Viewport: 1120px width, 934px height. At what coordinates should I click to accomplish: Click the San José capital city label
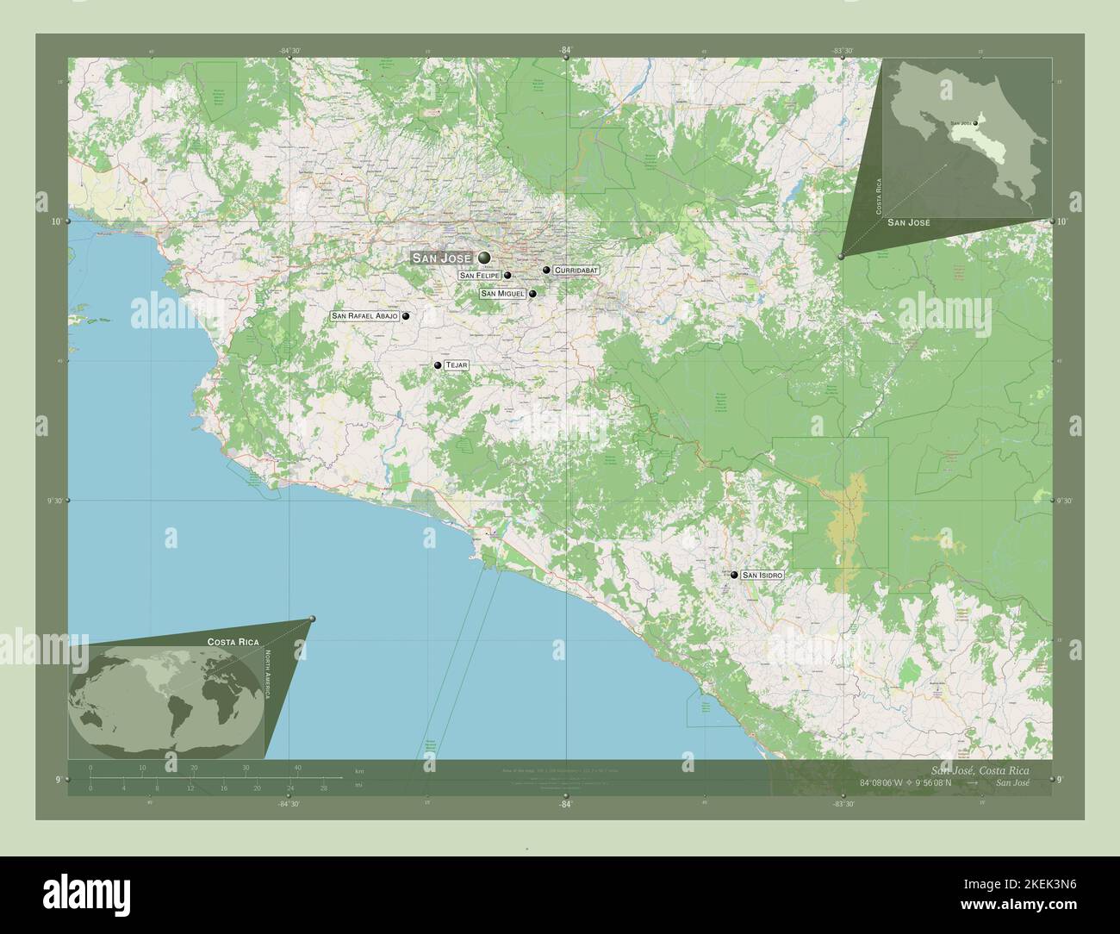click(442, 258)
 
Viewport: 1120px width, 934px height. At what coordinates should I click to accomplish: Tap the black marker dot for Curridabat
click(546, 271)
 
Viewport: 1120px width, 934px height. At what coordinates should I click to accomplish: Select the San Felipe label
click(480, 276)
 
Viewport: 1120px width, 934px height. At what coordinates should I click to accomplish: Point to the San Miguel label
click(503, 294)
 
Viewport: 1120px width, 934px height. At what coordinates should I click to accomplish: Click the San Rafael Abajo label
click(365, 316)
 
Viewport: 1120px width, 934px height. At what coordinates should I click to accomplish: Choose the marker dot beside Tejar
click(438, 366)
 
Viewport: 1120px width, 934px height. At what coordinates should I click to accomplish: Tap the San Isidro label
click(762, 575)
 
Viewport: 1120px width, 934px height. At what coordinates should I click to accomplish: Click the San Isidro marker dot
click(734, 575)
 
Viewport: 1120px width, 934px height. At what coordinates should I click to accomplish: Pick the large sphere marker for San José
click(484, 258)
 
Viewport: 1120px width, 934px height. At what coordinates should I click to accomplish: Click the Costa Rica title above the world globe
click(233, 643)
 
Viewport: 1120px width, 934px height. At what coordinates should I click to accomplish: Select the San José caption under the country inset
click(909, 223)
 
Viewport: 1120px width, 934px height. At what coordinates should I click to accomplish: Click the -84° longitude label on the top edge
click(565, 51)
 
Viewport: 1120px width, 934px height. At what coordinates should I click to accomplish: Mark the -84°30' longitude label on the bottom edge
click(289, 804)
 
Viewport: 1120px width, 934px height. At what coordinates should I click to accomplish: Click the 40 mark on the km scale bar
click(298, 767)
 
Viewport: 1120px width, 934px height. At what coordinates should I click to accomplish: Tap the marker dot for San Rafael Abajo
click(405, 316)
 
